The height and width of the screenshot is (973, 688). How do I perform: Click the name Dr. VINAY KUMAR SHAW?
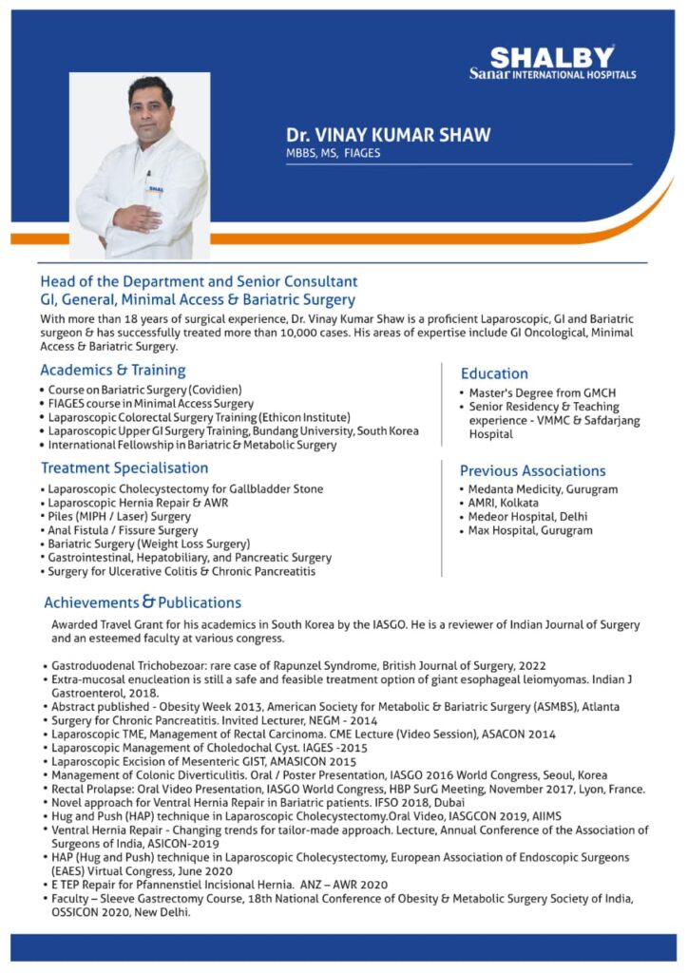pyautogui.click(x=389, y=135)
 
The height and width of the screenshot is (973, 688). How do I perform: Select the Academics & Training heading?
pyautogui.click(x=112, y=370)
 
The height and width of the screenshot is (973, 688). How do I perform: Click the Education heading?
pyautogui.click(x=494, y=373)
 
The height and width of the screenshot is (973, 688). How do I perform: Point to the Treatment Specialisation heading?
pyautogui.click(x=124, y=467)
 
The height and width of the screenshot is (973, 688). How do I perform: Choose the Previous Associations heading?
pyautogui.click(x=532, y=470)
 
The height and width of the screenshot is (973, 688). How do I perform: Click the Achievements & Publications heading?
pyautogui.click(x=143, y=601)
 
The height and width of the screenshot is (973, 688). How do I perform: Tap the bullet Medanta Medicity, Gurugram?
pyautogui.click(x=543, y=489)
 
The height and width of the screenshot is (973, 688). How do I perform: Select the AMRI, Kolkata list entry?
pyautogui.click(x=504, y=503)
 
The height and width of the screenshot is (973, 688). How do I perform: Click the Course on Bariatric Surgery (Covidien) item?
pyautogui.click(x=144, y=391)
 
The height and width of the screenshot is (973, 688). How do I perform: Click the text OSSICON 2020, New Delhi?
pyautogui.click(x=122, y=911)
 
